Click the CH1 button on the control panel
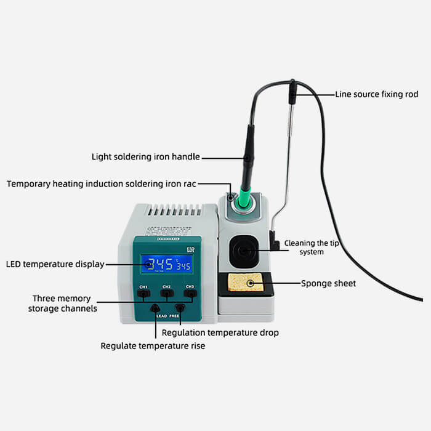[x=143, y=294]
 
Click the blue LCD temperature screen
[x=166, y=264]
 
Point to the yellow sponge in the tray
[x=246, y=283]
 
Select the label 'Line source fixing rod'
[x=376, y=94]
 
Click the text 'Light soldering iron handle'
[x=146, y=157]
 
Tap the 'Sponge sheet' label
[x=328, y=284]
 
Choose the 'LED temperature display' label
[x=55, y=265]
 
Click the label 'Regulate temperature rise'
[x=153, y=346]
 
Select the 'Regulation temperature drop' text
[x=220, y=332]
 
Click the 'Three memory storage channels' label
[x=62, y=303]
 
